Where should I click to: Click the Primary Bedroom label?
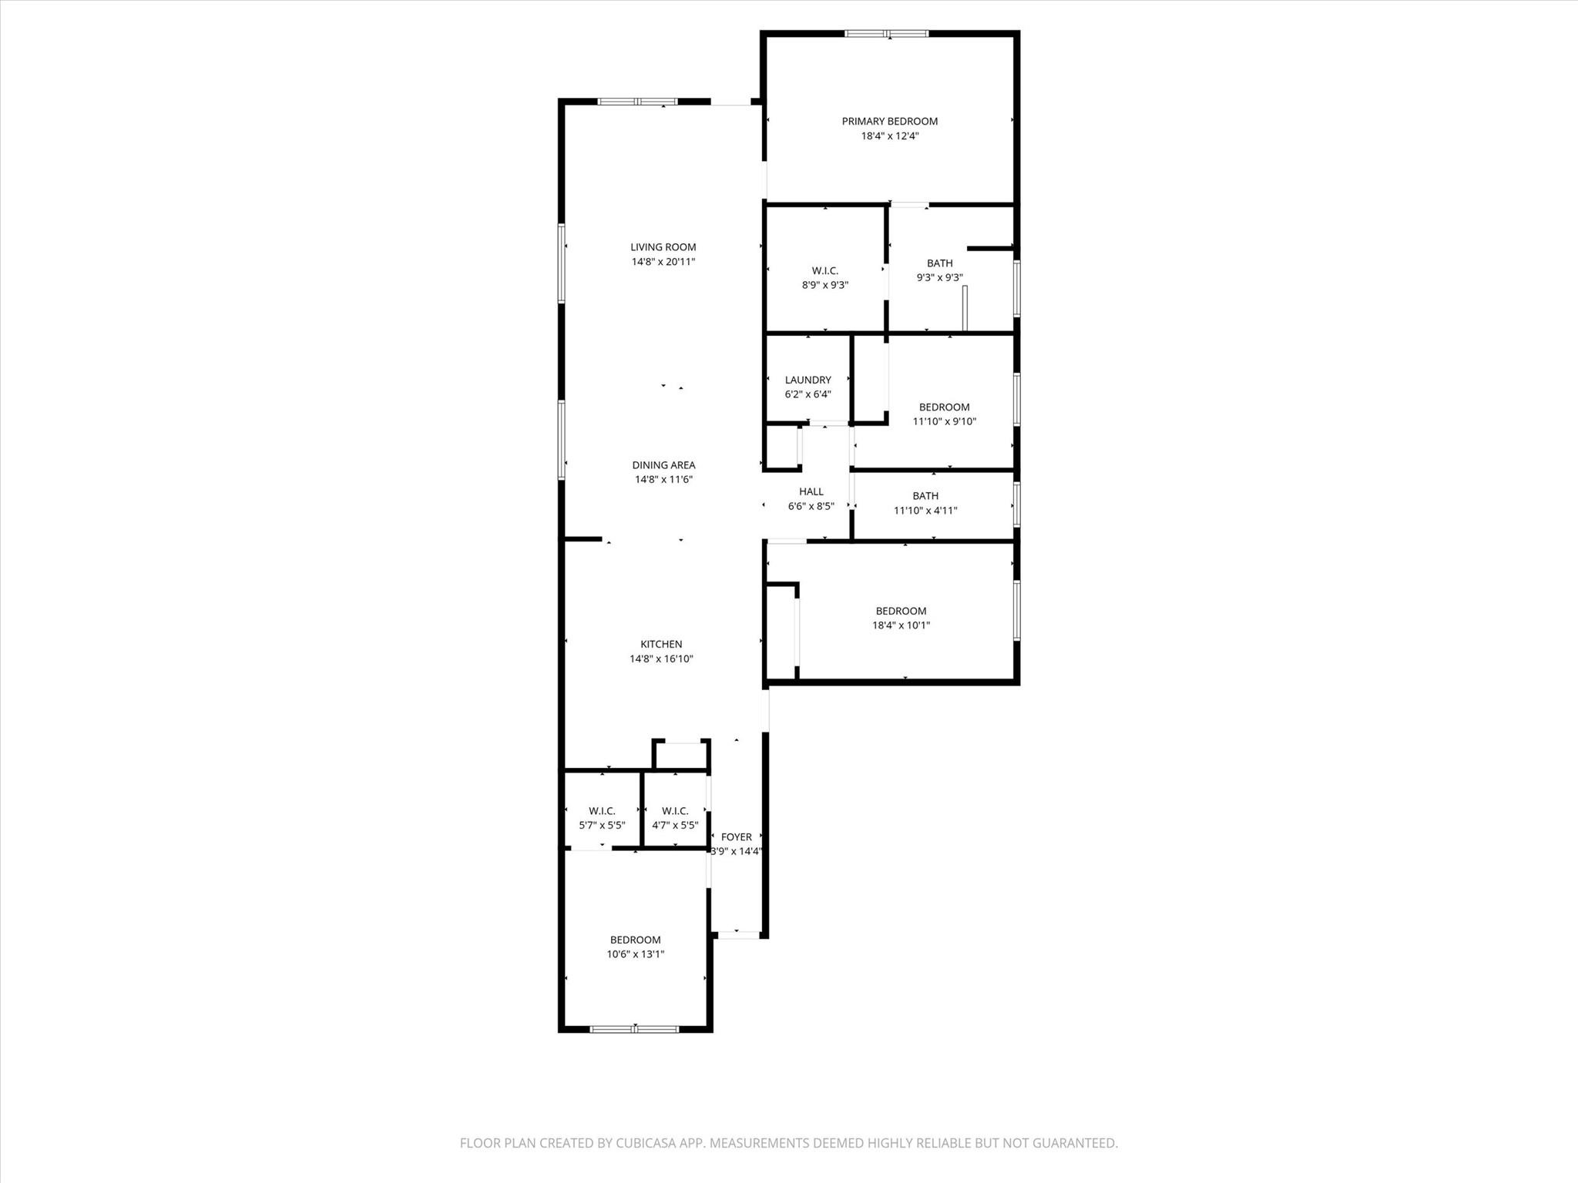pos(889,121)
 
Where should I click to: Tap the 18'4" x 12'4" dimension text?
pos(889,136)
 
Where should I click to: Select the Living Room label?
pos(663,247)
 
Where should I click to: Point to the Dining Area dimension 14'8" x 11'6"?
pos(663,480)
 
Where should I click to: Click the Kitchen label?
pos(661,645)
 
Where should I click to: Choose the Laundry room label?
pos(807,380)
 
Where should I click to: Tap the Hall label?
pos(811,491)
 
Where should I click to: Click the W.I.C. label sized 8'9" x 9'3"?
pos(824,270)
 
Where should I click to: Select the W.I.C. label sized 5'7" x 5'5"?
pos(602,811)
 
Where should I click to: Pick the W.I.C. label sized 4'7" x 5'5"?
pos(675,811)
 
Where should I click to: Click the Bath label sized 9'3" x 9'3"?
pos(939,263)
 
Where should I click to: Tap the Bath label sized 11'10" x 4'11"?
pos(925,496)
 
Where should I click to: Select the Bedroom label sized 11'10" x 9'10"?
pos(944,407)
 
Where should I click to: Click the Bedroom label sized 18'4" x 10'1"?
pos(901,612)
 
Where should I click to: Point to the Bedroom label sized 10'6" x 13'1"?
pos(635,940)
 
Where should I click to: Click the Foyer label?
pos(736,837)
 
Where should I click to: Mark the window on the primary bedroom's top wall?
pos(886,34)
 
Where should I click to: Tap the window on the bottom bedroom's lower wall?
pos(634,1029)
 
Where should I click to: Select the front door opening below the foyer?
pos(738,935)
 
